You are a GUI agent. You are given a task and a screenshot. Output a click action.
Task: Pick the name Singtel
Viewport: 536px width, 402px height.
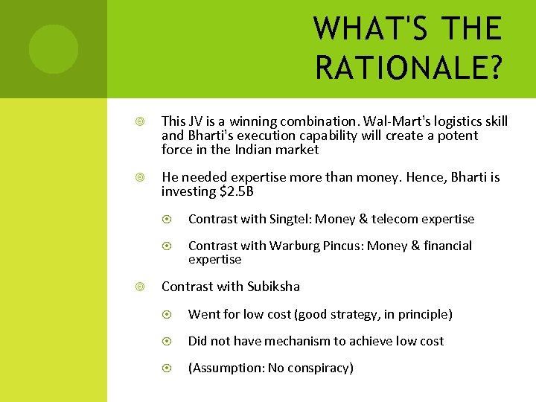click(x=290, y=219)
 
